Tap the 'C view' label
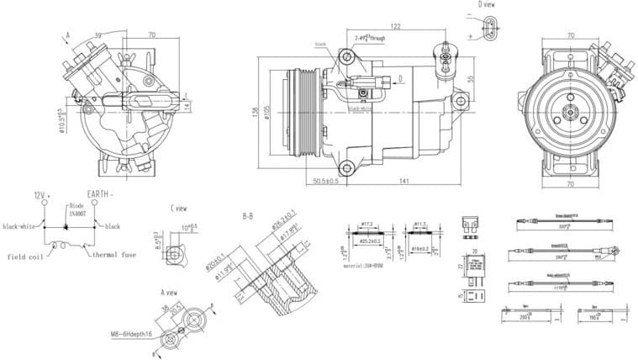click(x=177, y=207)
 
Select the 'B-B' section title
click(x=248, y=216)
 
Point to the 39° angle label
click(x=98, y=35)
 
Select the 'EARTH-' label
click(x=101, y=194)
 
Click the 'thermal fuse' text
click(x=114, y=255)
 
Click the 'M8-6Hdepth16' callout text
click(x=136, y=333)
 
